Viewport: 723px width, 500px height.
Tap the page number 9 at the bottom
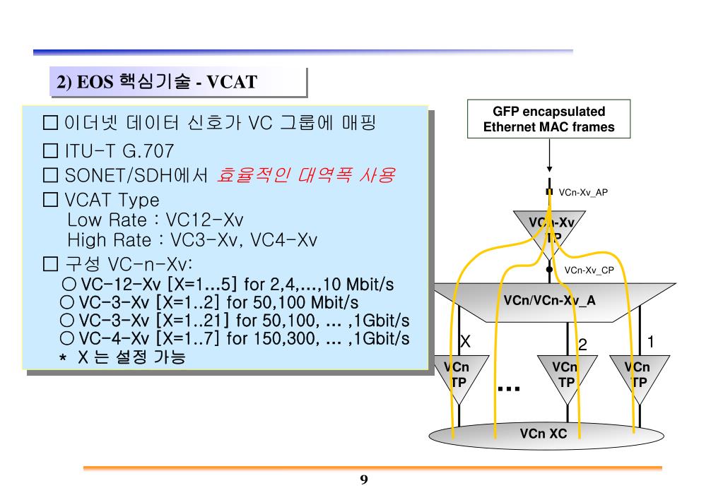[x=364, y=480]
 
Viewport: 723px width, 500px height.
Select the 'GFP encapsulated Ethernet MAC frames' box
[x=548, y=119]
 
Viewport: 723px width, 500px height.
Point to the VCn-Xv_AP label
[x=583, y=192]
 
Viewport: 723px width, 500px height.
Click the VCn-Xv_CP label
[x=589, y=269]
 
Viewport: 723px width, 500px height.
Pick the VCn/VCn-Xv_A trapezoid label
[x=549, y=300]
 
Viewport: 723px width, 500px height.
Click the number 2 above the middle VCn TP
[x=582, y=345]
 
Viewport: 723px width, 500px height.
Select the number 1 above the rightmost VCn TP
[x=651, y=343]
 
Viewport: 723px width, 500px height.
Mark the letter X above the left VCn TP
[x=465, y=343]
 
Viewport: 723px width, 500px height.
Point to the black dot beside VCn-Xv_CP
[x=549, y=269]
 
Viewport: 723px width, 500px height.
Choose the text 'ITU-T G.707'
[x=119, y=151]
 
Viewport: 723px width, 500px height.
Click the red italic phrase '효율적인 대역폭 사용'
[x=305, y=174]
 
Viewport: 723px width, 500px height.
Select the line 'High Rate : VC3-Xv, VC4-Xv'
[x=192, y=240]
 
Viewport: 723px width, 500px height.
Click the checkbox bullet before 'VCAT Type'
[x=49, y=200]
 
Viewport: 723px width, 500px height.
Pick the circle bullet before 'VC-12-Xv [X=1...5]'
[x=69, y=285]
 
